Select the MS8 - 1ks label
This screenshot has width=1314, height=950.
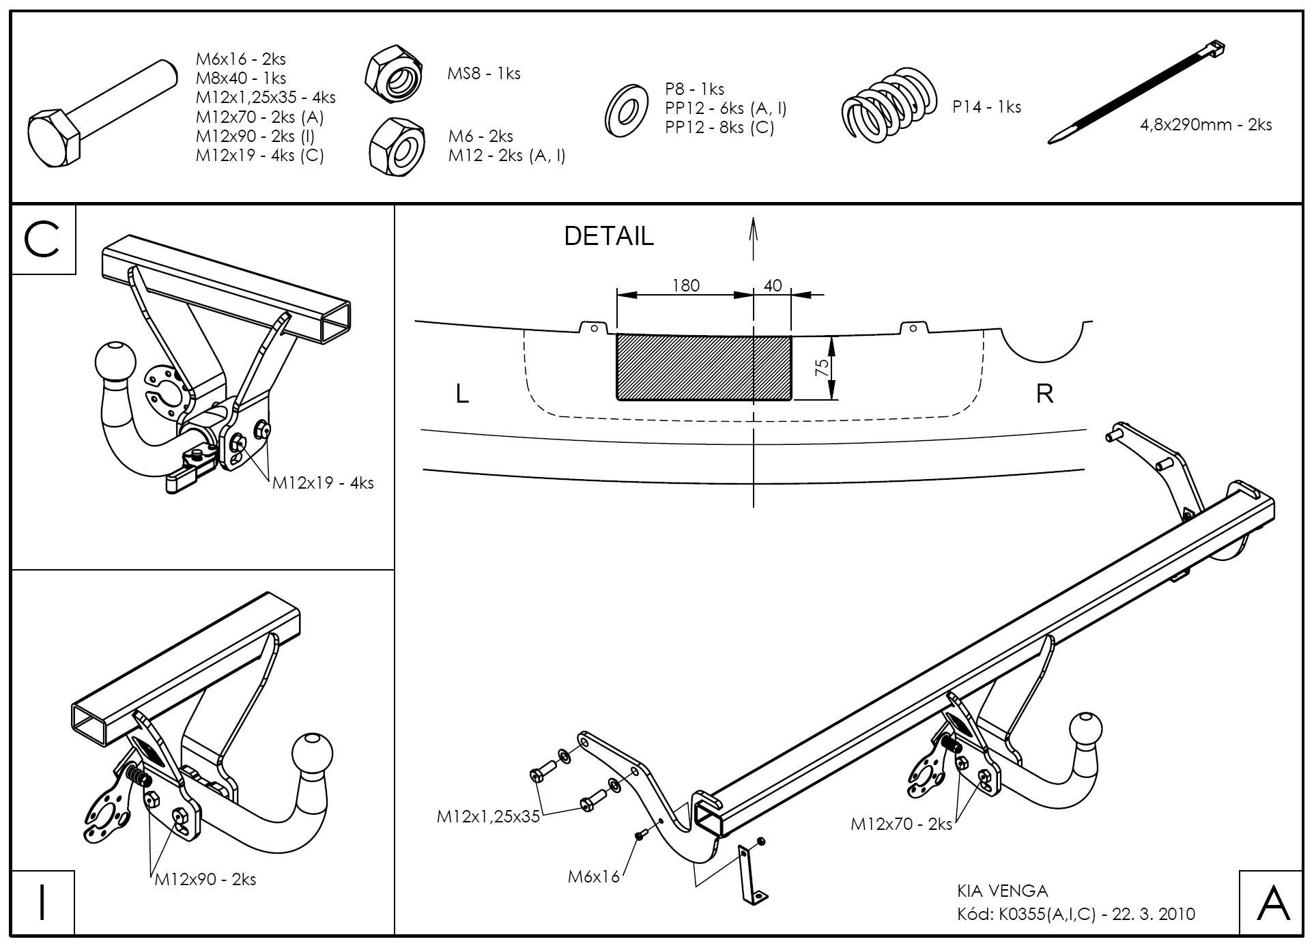(x=483, y=74)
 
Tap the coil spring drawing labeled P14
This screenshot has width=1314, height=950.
(x=887, y=106)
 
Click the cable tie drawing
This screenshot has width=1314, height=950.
(x=1137, y=92)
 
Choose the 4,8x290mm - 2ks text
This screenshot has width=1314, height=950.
(x=1205, y=125)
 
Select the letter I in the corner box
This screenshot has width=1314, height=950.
(x=42, y=902)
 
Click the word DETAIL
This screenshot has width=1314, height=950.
(x=608, y=236)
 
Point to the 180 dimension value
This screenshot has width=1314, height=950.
(x=685, y=285)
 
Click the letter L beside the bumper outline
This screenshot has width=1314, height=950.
(x=462, y=394)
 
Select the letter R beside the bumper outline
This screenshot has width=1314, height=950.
(x=1044, y=394)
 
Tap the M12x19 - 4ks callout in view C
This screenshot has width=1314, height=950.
(x=323, y=483)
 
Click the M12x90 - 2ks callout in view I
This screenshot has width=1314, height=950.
(x=205, y=879)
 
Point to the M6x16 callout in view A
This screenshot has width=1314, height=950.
(x=593, y=876)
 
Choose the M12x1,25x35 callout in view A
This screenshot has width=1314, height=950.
(x=488, y=816)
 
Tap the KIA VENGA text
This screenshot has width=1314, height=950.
(x=1002, y=891)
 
